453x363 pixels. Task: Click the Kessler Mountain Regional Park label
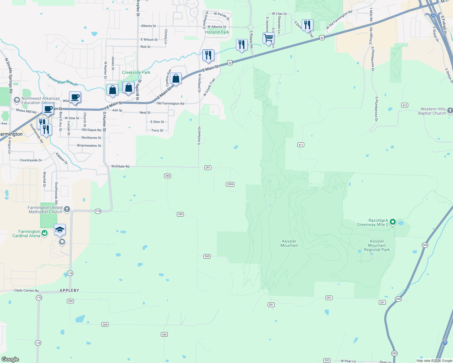pyautogui.click(x=377, y=245)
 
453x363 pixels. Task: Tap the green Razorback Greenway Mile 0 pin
pyautogui.click(x=393, y=222)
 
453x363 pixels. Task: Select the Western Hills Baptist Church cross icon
pyautogui.click(x=450, y=111)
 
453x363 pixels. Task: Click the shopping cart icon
pyautogui.click(x=268, y=38)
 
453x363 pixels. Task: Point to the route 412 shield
pyautogui.click(x=405, y=105)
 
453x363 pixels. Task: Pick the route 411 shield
pyautogui.click(x=301, y=145)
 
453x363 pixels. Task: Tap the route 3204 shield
pyautogui.click(x=230, y=184)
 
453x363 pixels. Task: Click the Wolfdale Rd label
pyautogui.click(x=120, y=166)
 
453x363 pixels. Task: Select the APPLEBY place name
pyautogui.click(x=69, y=290)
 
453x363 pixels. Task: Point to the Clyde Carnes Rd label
pyautogui.click(x=26, y=290)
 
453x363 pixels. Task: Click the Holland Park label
pyautogui.click(x=217, y=32)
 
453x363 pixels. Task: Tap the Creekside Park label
pyautogui.click(x=136, y=72)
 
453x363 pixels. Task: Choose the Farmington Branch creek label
pyautogui.click(x=62, y=80)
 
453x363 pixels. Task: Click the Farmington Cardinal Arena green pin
pyautogui.click(x=45, y=233)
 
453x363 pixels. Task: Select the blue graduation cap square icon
pyautogui.click(x=60, y=230)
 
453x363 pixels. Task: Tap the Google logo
pyautogui.click(x=10, y=359)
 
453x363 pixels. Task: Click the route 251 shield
pyautogui.click(x=208, y=168)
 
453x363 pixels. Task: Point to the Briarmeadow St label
pyautogui.click(x=89, y=146)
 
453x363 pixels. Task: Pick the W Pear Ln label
pyautogui.click(x=348, y=361)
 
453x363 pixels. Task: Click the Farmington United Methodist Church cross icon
pyautogui.click(x=67, y=209)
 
